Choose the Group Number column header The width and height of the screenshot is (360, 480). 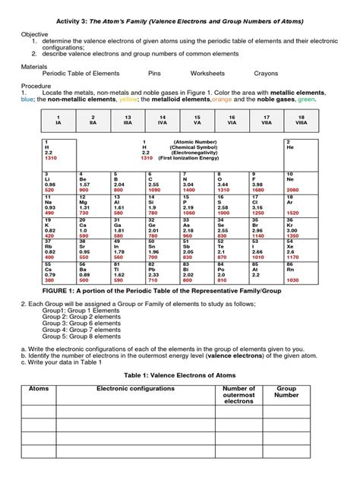pyautogui.click(x=287, y=392)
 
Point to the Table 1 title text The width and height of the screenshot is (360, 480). pyautogui.click(x=180, y=375)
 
